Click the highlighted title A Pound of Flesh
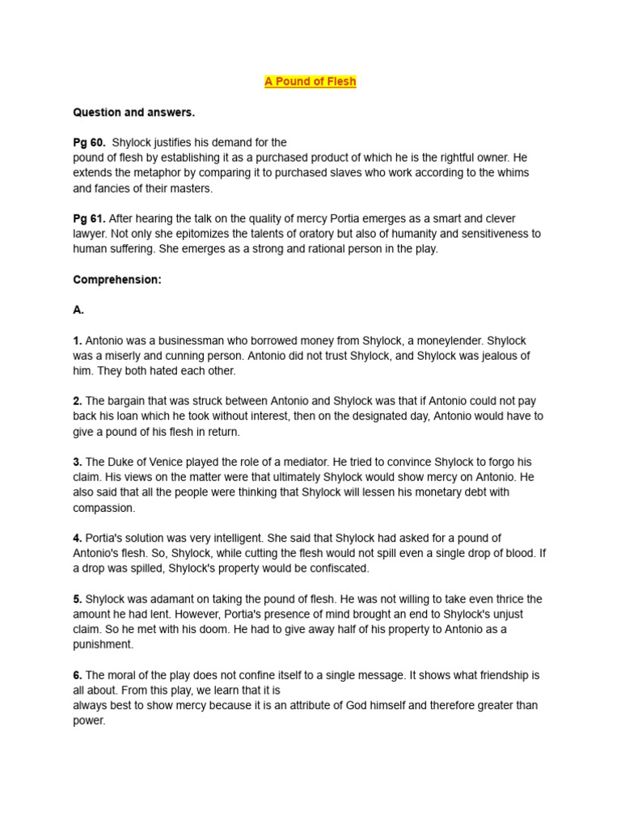coord(310,82)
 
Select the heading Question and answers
coord(133,112)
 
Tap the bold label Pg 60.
coord(89,142)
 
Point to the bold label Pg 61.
coord(89,218)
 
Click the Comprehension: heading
coord(117,280)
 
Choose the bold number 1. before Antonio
coord(78,340)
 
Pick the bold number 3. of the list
coord(78,462)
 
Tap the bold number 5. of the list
coord(78,599)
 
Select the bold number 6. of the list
coord(78,674)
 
